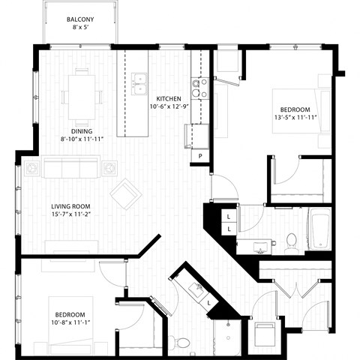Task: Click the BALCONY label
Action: pos(80,19)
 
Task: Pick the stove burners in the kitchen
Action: pos(200,88)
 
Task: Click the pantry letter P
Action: pos(200,155)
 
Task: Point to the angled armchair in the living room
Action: pos(126,196)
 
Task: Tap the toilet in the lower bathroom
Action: pos(180,342)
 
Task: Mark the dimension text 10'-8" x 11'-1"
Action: pos(69,323)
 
